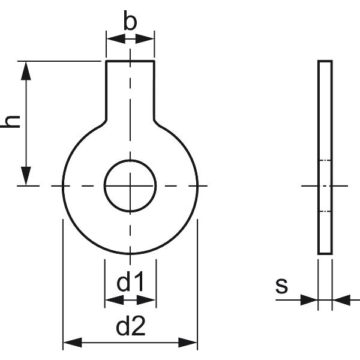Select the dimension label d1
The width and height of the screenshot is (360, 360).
(x=130, y=281)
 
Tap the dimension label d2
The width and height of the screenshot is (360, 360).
(x=130, y=327)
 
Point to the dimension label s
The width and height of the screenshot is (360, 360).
(x=282, y=286)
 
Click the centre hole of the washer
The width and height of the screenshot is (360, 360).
(x=130, y=186)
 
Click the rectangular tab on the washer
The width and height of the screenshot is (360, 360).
(x=130, y=90)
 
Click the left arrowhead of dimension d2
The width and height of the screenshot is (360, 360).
(x=71, y=343)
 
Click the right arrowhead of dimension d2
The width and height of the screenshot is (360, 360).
(x=189, y=343)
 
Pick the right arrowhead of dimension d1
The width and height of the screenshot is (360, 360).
(x=149, y=299)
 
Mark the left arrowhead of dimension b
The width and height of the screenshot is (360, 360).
(x=113, y=39)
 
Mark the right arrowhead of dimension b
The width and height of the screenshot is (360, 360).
(x=147, y=39)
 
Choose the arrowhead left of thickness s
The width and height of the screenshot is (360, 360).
(x=310, y=299)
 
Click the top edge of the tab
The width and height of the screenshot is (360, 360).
(x=130, y=61)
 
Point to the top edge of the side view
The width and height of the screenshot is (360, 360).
(x=325, y=61)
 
